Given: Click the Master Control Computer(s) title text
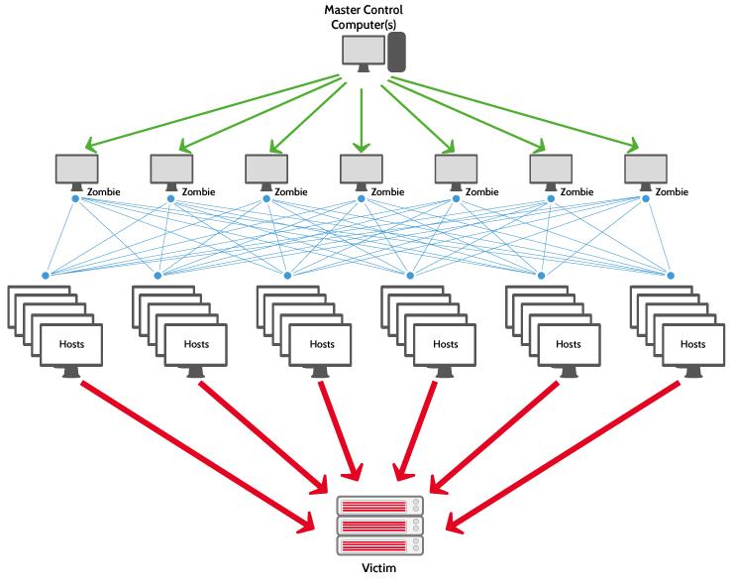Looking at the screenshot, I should point(364,17).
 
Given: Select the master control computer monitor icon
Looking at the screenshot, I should point(363,52).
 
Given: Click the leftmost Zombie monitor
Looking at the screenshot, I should point(76,170).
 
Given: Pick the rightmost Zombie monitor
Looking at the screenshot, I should point(646,170).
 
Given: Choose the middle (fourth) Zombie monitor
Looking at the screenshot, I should point(361,170).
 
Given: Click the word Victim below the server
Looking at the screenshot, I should point(380,569).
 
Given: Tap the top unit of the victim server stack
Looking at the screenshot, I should point(380,506).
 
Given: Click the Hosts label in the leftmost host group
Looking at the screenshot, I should point(71,344).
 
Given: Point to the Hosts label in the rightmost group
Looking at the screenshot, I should point(693,344).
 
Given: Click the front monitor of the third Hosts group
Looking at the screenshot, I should point(321,346).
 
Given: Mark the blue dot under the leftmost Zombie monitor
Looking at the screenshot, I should point(75,199).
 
